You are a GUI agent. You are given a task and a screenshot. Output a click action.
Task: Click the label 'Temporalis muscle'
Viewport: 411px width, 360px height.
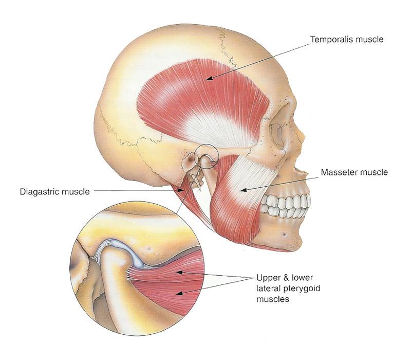coord(347,40)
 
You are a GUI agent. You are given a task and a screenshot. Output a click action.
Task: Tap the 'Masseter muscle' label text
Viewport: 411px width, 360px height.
coord(354,172)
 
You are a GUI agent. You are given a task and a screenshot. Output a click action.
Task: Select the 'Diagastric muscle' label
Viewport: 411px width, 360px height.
coord(55,191)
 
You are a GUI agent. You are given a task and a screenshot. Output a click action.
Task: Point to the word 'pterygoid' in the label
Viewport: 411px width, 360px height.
coord(302,289)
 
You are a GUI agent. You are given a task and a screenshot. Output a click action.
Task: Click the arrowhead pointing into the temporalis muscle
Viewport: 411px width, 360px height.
coord(208,78)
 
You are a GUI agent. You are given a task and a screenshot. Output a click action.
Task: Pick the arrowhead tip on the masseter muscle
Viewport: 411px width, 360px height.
coord(241,190)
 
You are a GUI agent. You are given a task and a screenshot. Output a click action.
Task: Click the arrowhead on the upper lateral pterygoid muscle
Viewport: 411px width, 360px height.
coord(178,273)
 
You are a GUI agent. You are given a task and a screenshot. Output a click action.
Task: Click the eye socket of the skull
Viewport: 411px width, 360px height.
coord(277,136)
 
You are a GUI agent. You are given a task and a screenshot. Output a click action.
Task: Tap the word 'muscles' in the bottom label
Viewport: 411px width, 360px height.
coord(273,299)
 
